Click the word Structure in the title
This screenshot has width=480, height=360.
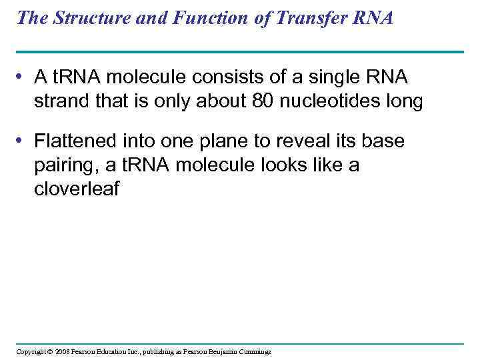(x=89, y=18)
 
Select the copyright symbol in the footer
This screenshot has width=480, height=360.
(x=49, y=351)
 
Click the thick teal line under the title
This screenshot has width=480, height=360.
(x=239, y=51)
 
